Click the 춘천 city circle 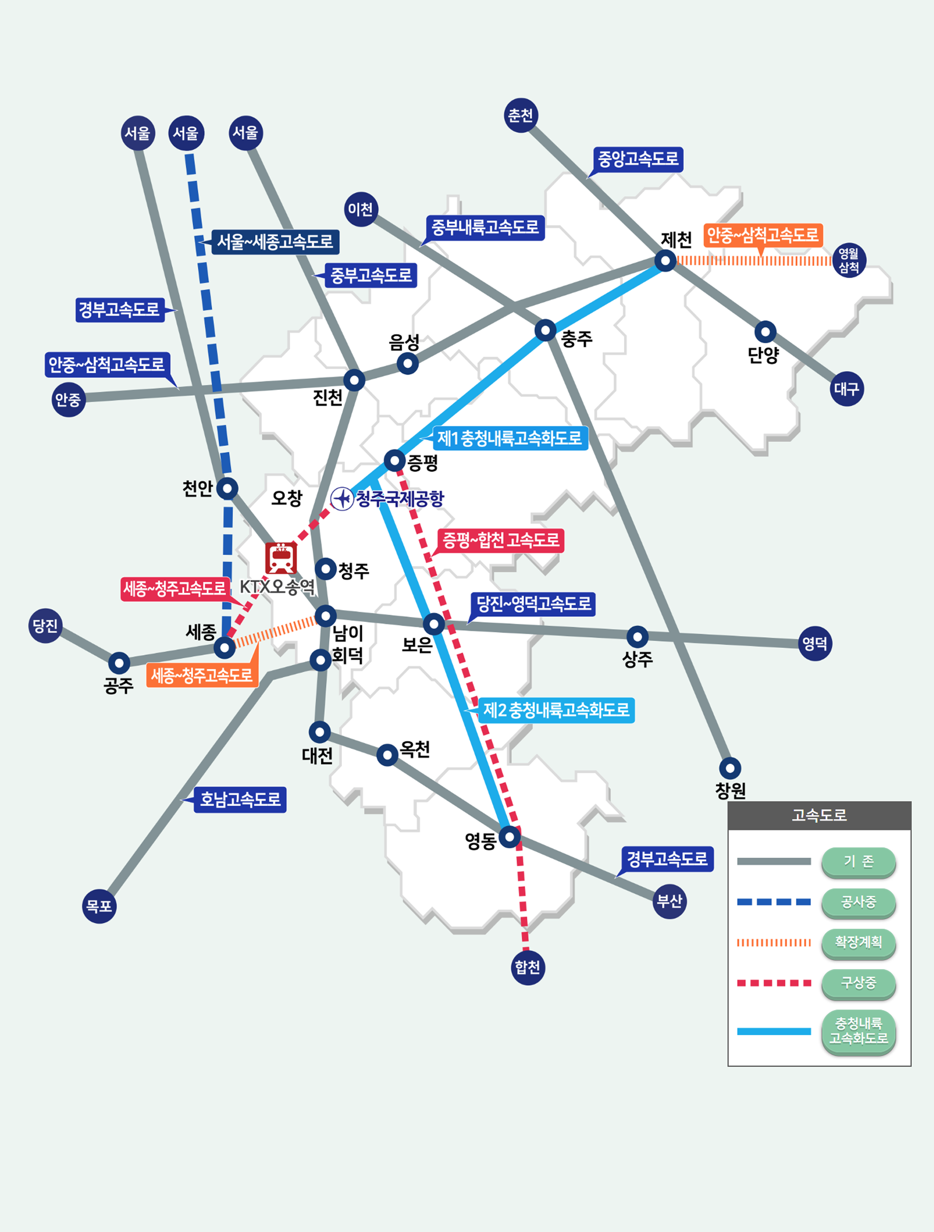click(521, 115)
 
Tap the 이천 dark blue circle click(361, 210)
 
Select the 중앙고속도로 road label click(638, 160)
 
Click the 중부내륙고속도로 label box click(485, 227)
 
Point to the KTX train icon click(281, 558)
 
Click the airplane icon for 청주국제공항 click(342, 498)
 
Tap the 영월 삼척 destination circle click(849, 261)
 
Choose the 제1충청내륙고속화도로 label click(509, 439)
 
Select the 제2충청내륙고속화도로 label click(556, 710)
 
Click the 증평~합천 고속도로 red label click(500, 540)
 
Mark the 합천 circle click(527, 968)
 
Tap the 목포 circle click(99, 906)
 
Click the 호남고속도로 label click(240, 800)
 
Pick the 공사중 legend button click(858, 902)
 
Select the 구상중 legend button click(858, 982)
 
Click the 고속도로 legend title click(819, 815)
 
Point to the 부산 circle click(670, 901)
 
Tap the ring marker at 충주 click(545, 330)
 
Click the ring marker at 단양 click(765, 332)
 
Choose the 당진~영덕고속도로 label click(533, 604)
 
